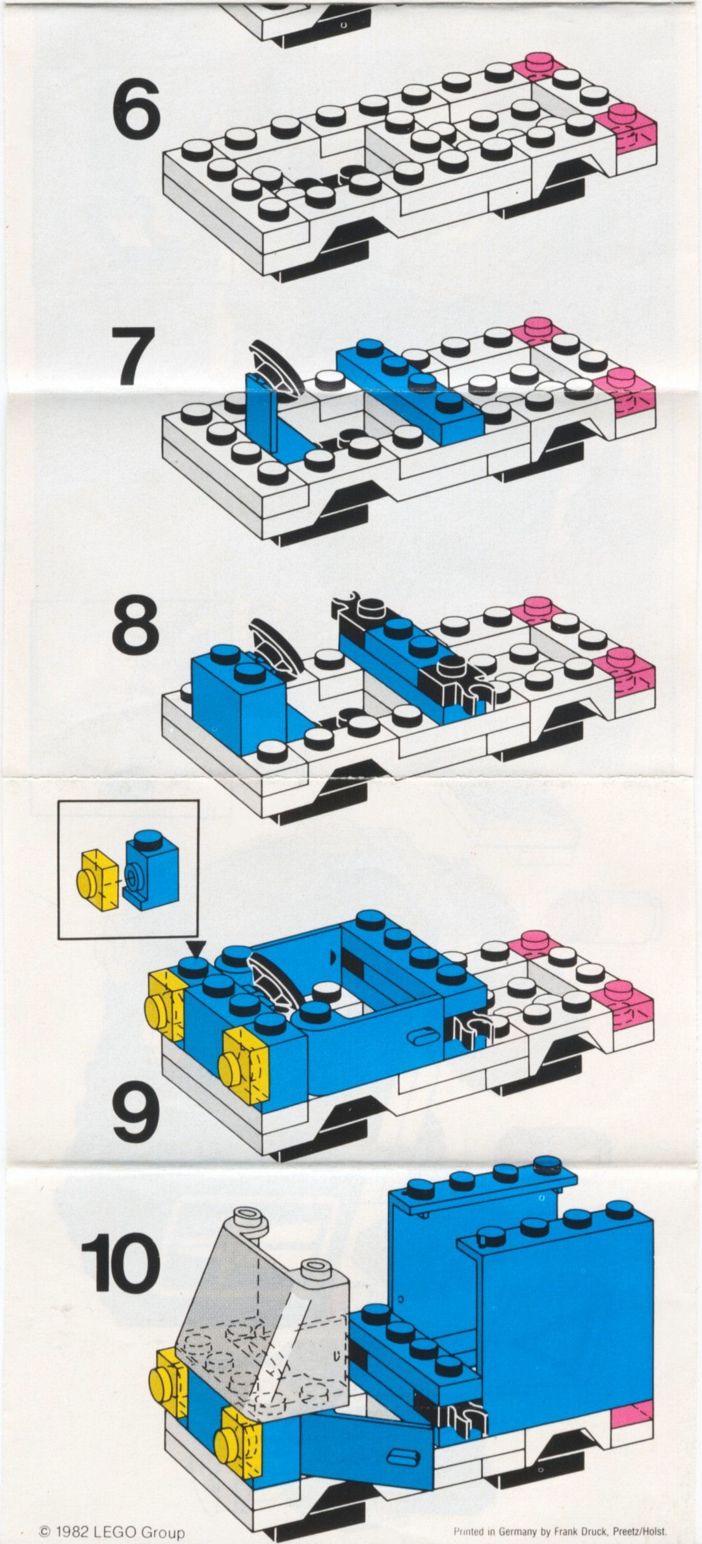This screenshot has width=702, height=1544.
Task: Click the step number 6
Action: (x=136, y=110)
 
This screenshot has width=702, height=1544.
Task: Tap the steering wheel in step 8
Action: (x=276, y=647)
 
